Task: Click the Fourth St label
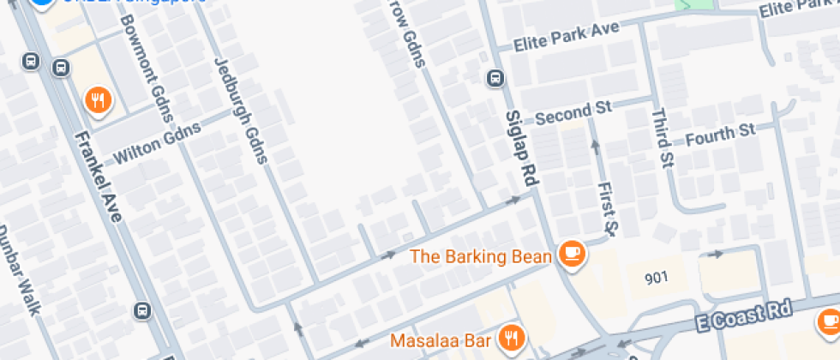(x=720, y=134)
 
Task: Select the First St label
(x=607, y=207)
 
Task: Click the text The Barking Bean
(x=484, y=255)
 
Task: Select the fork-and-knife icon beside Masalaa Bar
(x=513, y=337)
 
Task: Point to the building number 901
(x=657, y=278)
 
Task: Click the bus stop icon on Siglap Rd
(x=495, y=79)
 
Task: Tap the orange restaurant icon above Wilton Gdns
(x=99, y=101)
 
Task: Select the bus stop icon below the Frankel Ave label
(x=143, y=311)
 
